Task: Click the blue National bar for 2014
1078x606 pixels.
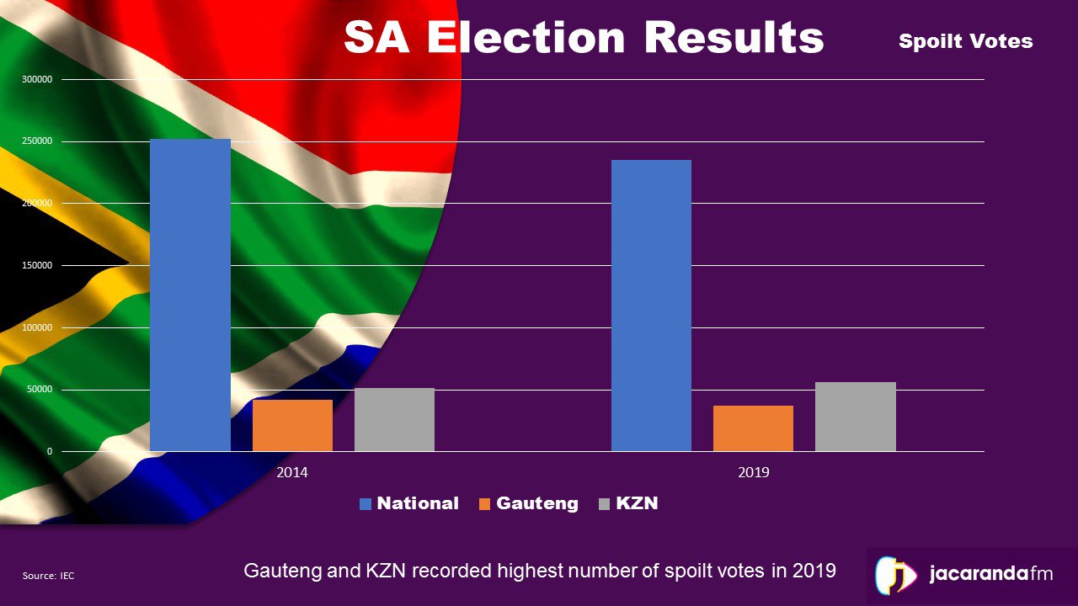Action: tap(189, 295)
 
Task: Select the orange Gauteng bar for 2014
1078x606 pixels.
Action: tap(292, 425)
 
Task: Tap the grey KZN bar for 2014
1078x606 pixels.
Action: tap(394, 419)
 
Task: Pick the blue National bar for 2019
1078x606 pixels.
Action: tap(651, 306)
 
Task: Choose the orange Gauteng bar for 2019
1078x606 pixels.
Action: tap(753, 428)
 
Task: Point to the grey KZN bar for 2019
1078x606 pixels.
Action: tap(855, 417)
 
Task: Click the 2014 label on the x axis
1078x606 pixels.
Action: tap(292, 472)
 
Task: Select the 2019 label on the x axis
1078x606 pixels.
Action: tap(753, 472)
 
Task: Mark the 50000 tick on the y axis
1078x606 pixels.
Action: tap(40, 390)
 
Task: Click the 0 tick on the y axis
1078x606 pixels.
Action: tap(49, 452)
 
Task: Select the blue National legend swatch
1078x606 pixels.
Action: tap(366, 504)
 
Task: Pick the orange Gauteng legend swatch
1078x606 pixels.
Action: tap(484, 504)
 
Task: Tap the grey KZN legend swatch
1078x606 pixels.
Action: tap(604, 504)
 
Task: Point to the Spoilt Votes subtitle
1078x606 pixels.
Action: tap(965, 41)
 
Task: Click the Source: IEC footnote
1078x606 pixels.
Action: tap(48, 576)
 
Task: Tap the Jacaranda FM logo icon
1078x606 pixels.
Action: tap(895, 576)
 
